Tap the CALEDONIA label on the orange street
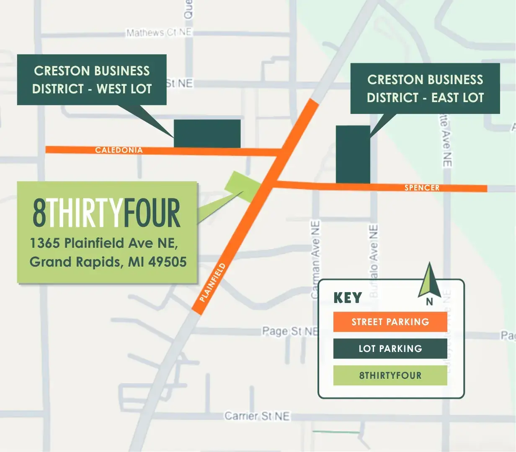(119, 150)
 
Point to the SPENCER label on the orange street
(422, 188)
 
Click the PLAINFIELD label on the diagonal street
(213, 282)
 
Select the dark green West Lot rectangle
(207, 134)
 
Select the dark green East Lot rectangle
(353, 154)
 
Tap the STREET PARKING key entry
(390, 322)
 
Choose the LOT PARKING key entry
(390, 349)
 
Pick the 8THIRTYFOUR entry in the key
(390, 375)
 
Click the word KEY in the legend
(348, 298)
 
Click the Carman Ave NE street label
(315, 259)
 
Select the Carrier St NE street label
(257, 416)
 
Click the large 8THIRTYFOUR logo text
(106, 213)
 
